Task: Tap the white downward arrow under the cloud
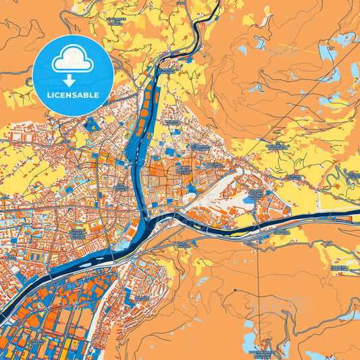72,80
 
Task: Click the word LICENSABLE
72,95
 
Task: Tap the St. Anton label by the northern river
166,70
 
